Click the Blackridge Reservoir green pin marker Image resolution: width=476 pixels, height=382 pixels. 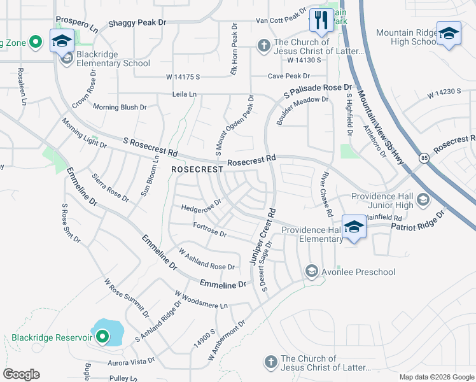[x=103, y=337]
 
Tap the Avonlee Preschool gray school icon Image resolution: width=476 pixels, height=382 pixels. [x=311, y=272]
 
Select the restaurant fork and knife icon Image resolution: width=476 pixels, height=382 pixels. [x=320, y=20]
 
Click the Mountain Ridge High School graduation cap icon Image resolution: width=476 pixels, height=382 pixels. [x=448, y=32]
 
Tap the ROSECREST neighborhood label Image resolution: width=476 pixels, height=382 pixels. [x=197, y=170]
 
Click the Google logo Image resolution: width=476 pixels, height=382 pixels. [x=21, y=374]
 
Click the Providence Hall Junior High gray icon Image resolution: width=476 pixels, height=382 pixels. [x=421, y=201]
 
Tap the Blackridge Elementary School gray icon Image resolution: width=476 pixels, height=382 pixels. [x=67, y=59]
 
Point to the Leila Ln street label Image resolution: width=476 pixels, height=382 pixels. [x=185, y=94]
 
